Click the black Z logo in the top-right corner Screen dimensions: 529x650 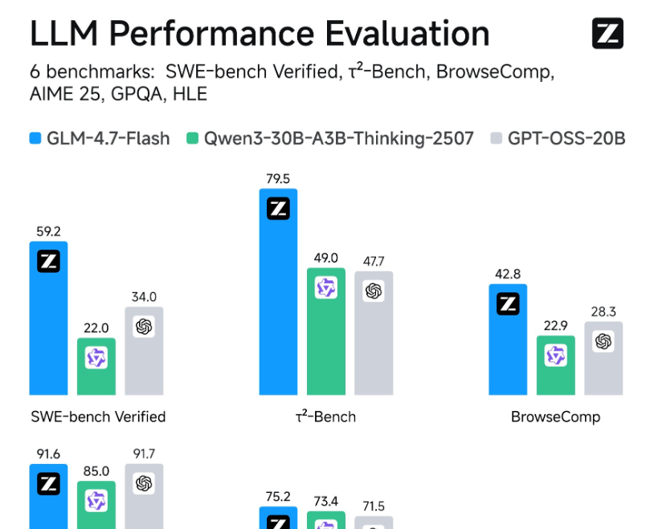point(607,34)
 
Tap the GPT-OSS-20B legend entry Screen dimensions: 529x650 point(558,138)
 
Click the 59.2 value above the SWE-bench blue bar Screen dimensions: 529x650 point(48,231)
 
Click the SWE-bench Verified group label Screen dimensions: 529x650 point(98,417)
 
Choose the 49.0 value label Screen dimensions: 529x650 point(326,258)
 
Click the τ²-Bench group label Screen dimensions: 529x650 point(325,417)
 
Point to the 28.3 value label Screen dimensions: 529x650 point(603,311)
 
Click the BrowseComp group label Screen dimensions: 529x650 point(555,417)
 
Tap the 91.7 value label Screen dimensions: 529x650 point(144,454)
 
